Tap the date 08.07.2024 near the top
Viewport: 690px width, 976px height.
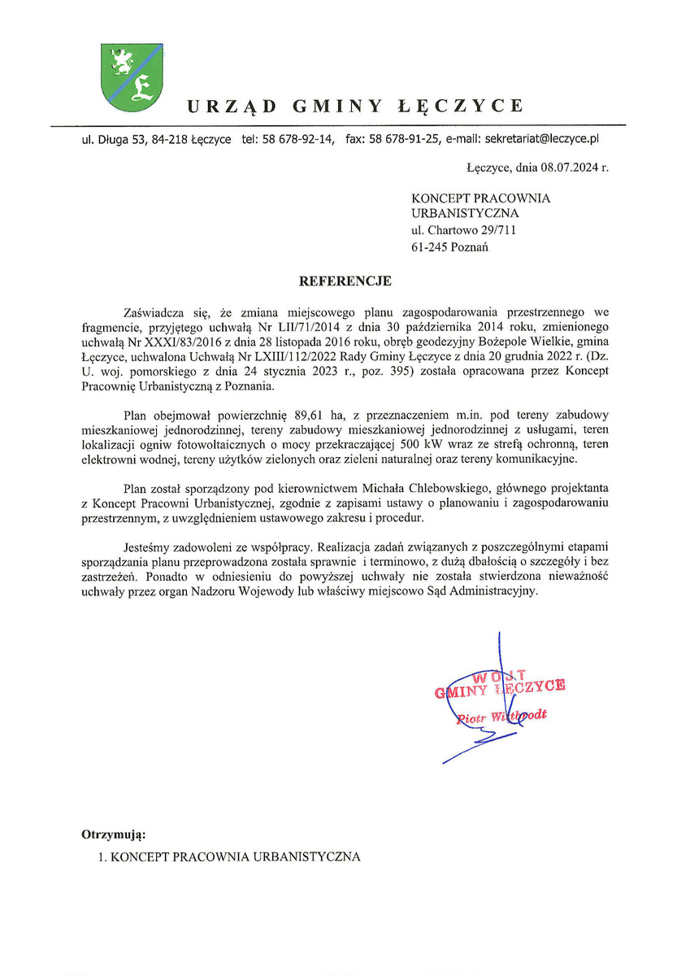pos(566,168)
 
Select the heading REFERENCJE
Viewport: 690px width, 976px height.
pos(345,281)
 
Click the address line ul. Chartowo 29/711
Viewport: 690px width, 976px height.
pos(464,231)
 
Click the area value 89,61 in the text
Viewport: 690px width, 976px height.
pos(301,416)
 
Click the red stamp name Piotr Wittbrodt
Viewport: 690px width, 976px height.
pos(501,717)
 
